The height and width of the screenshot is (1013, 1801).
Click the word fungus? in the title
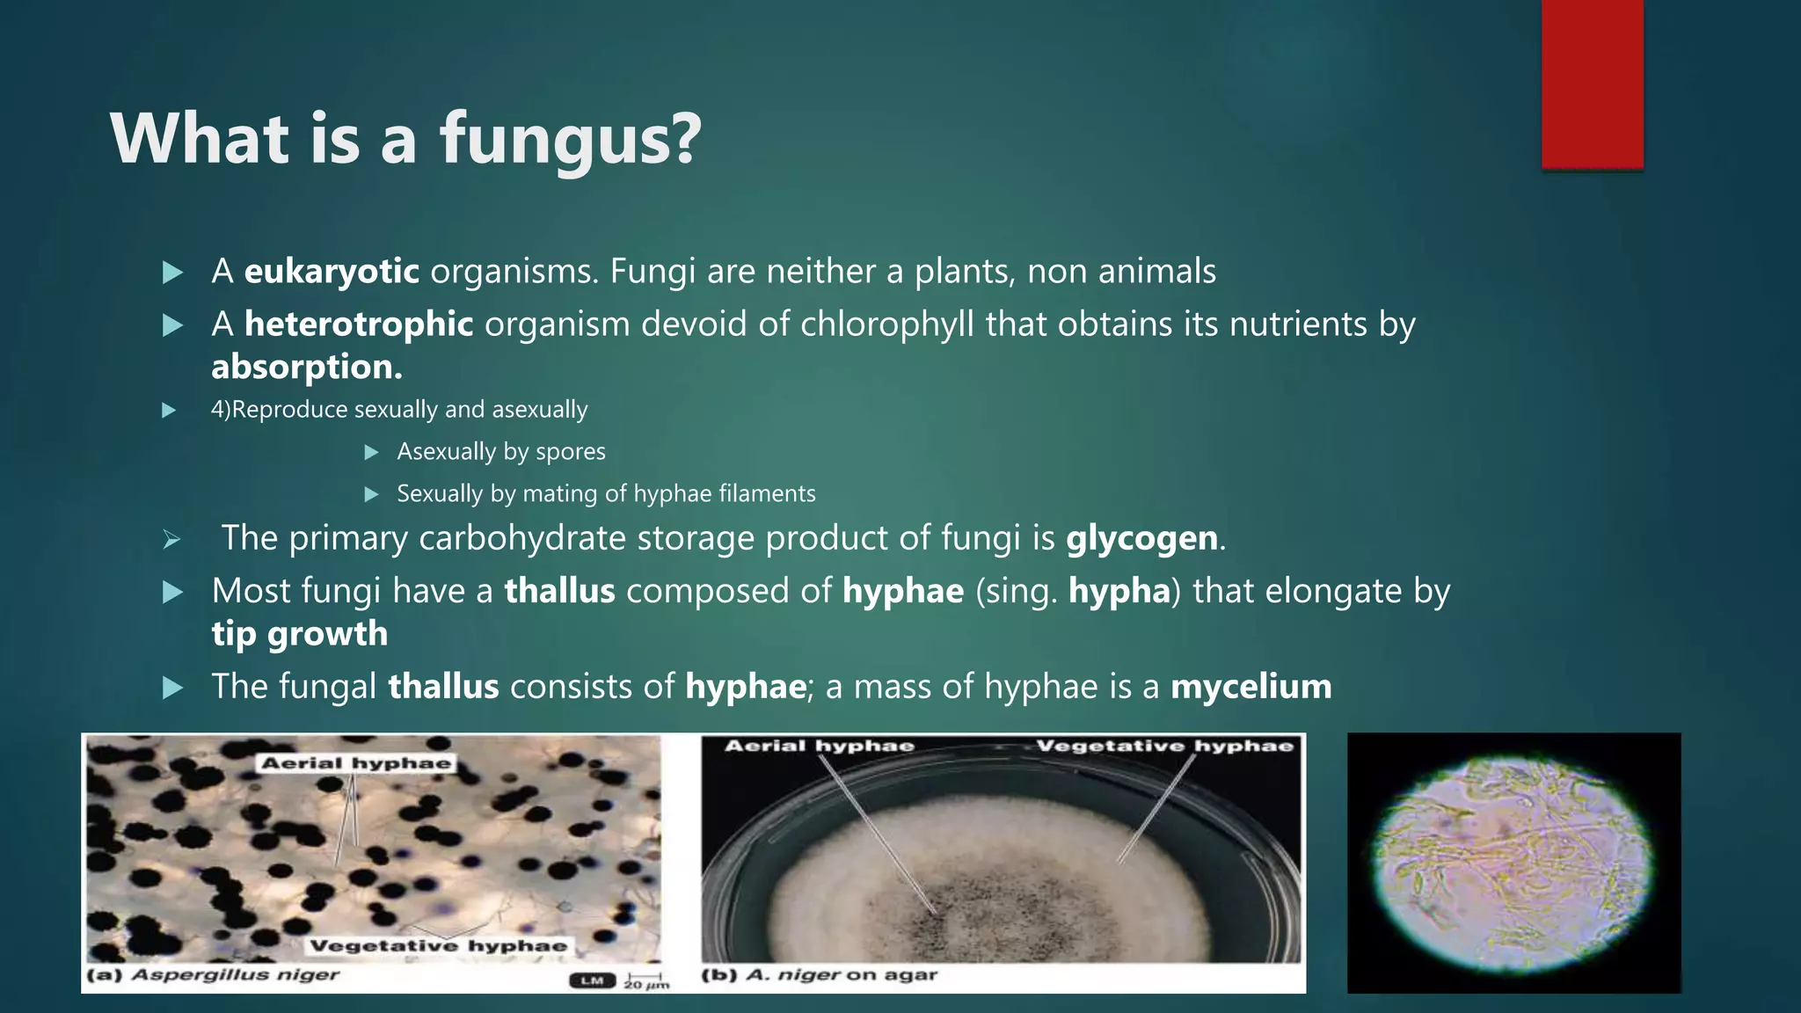[x=570, y=139]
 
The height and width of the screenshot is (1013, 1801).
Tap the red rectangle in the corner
[x=1592, y=84]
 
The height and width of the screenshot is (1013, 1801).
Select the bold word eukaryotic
[x=332, y=272]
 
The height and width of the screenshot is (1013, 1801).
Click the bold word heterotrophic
[x=359, y=324]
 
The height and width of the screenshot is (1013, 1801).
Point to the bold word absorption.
[x=306, y=368]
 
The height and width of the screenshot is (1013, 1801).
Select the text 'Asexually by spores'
[x=501, y=452]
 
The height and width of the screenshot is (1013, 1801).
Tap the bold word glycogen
[x=1141, y=538]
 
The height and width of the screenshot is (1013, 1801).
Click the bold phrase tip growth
[x=299, y=634]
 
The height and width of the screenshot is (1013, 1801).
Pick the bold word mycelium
[x=1250, y=687]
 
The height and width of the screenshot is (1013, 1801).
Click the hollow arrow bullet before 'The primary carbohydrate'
[x=172, y=539]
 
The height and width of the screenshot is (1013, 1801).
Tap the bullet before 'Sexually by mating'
[x=371, y=494]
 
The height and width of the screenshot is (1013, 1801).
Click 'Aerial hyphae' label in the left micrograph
[x=356, y=763]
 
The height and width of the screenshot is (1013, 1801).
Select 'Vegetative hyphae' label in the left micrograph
[x=438, y=946]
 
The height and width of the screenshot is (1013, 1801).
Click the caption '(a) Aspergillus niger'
[x=214, y=975]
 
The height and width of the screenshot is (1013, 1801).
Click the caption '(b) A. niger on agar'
[x=820, y=975]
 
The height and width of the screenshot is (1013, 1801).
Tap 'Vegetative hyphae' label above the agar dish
[x=1164, y=747]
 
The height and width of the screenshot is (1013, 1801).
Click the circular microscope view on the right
[x=1513, y=864]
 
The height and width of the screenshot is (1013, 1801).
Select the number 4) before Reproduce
[x=220, y=410]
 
